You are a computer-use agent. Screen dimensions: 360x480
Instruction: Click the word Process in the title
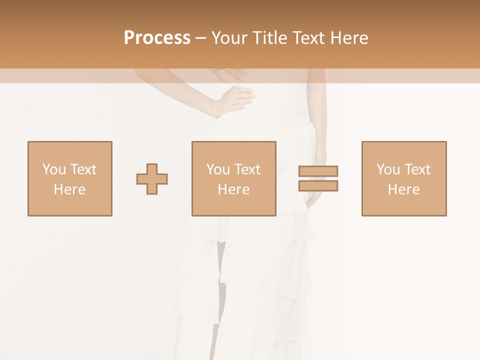[x=157, y=38]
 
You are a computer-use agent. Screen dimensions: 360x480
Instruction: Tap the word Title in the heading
[x=270, y=38]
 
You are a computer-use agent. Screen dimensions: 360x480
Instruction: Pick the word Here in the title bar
[x=349, y=38]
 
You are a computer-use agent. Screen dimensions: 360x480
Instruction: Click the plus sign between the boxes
[x=152, y=179]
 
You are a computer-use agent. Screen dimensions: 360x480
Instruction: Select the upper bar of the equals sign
[x=318, y=171]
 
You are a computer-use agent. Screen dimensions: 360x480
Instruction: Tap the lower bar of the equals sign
[x=318, y=186]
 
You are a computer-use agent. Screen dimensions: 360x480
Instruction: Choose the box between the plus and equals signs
[x=233, y=178]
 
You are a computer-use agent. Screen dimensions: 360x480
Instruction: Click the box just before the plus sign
[x=69, y=178]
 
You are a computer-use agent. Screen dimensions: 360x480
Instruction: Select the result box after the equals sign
[x=403, y=178]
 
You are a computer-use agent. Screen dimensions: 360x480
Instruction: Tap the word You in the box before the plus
[x=53, y=169]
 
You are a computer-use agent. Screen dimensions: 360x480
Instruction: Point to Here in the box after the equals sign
[x=403, y=189]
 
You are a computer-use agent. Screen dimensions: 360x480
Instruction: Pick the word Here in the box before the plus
[x=69, y=189]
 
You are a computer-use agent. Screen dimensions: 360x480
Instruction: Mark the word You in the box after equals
[x=387, y=169]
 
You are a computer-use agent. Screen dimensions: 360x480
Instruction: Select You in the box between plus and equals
[x=217, y=169]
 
